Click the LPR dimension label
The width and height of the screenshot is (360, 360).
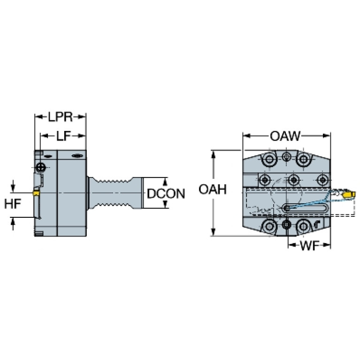tap(60, 117)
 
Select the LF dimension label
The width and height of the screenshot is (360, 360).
tap(63, 136)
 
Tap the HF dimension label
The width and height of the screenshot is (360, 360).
tap(13, 204)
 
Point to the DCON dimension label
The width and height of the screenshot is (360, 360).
tap(166, 193)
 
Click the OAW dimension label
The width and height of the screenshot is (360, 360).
tap(285, 136)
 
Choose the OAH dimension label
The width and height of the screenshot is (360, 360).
tap(213, 190)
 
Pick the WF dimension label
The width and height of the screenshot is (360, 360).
tap(310, 246)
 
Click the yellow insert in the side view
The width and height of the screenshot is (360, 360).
tap(36, 193)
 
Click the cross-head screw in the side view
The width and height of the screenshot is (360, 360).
tap(41, 167)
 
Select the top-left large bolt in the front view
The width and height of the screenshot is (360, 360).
tap(268, 159)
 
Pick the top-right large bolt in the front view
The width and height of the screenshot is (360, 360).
tap(304, 159)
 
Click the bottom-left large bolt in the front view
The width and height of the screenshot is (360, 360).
tap(269, 227)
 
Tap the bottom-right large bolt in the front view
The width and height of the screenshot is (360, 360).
tap(304, 227)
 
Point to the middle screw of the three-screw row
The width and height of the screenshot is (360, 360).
tap(294, 180)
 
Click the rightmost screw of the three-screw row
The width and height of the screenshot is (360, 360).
tap(323, 180)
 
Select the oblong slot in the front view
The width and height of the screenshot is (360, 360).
tap(306, 208)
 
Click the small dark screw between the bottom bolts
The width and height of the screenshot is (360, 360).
tap(286, 224)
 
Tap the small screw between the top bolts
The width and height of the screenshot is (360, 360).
tap(286, 157)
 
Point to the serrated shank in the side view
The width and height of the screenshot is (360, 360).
tap(115, 193)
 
